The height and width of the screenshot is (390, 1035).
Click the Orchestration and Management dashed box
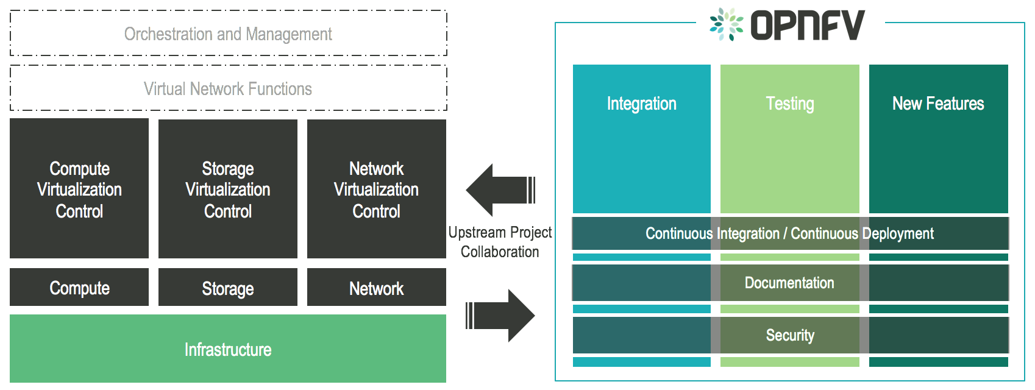(228, 34)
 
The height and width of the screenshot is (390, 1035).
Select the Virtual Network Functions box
(228, 89)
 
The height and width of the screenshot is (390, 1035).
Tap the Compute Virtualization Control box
(79, 189)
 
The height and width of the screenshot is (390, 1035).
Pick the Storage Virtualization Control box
(228, 189)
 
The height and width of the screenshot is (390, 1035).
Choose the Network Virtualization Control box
(377, 189)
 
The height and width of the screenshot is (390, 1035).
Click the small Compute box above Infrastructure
(79, 288)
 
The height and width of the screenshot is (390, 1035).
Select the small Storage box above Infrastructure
(228, 288)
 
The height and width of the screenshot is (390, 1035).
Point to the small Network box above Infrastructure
(377, 288)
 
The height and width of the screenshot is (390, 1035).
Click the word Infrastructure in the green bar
(228, 350)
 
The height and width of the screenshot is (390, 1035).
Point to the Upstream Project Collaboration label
(500, 242)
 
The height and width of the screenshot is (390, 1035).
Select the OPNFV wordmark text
(807, 25)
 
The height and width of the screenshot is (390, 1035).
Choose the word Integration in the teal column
(642, 104)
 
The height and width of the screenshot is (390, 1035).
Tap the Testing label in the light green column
(790, 104)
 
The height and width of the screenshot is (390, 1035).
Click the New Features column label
(938, 104)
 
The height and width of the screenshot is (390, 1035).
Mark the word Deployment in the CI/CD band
(898, 233)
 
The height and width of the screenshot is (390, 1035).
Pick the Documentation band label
(789, 283)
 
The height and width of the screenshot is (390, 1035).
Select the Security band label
(790, 335)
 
